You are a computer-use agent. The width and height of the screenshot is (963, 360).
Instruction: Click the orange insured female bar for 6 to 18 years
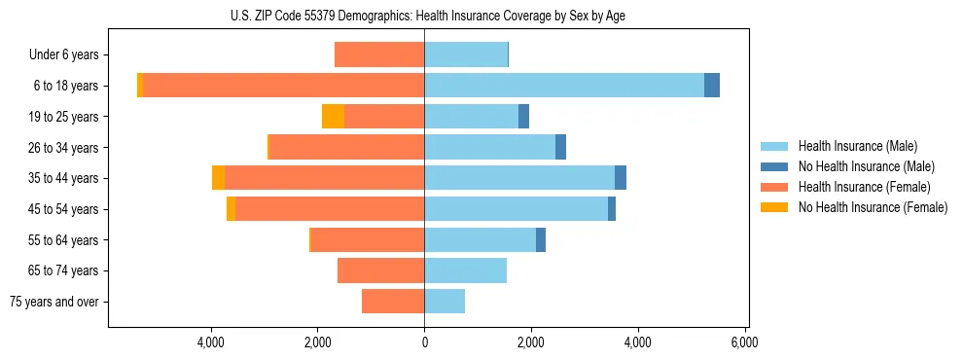(282, 86)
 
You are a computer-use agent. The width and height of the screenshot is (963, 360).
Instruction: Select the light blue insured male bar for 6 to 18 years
(564, 86)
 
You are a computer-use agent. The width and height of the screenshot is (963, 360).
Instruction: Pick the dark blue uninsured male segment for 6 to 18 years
(712, 86)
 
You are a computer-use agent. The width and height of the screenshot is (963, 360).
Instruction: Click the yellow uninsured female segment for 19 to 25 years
(333, 117)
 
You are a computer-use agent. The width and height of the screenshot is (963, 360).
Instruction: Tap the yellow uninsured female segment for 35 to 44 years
(218, 178)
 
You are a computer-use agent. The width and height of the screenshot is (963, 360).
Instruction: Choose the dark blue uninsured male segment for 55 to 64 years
(541, 239)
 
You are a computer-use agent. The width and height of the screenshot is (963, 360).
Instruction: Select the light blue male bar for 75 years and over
(445, 302)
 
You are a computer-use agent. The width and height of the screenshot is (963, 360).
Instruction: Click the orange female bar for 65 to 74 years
(380, 270)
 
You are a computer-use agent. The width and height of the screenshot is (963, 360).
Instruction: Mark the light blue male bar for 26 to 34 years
(489, 147)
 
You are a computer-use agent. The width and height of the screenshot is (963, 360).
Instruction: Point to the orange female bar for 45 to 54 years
(330, 209)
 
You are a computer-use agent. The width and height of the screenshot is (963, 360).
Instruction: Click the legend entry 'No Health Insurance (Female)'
(872, 207)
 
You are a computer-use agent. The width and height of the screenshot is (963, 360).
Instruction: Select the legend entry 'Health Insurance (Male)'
(858, 146)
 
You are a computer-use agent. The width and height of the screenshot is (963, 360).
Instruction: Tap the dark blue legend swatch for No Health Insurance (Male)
(774, 166)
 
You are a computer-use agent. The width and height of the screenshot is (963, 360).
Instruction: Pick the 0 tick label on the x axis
(424, 342)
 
